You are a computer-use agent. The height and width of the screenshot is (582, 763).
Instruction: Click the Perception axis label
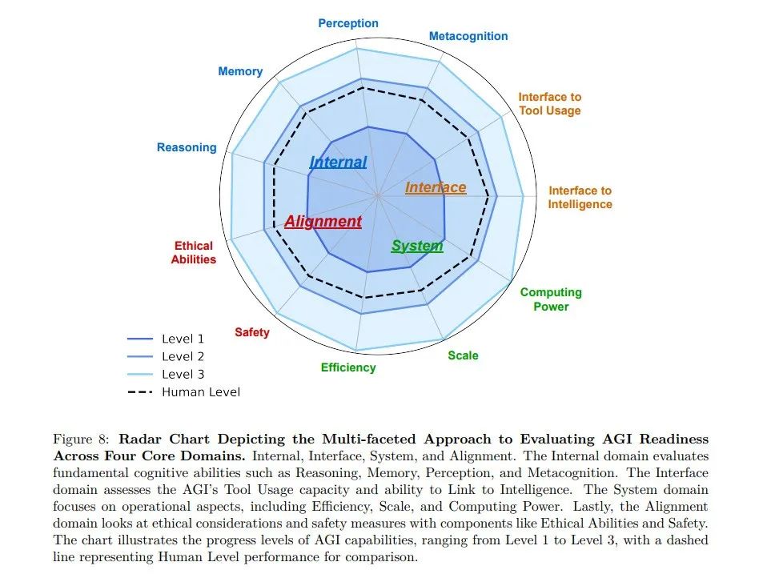click(x=348, y=23)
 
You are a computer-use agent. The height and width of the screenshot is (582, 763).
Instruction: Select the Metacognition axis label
click(x=468, y=36)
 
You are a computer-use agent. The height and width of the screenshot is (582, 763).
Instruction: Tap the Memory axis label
click(x=240, y=71)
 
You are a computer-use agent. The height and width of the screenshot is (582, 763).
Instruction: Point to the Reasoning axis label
click(x=187, y=147)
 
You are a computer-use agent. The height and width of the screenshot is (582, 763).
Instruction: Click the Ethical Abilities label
click(x=194, y=252)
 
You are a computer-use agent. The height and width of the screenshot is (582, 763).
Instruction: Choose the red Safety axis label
click(x=252, y=332)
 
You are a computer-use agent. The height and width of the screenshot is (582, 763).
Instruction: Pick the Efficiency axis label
click(x=348, y=367)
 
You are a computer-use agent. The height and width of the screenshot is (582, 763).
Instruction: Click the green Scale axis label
click(x=463, y=355)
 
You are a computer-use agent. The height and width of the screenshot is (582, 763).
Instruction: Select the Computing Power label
click(x=551, y=299)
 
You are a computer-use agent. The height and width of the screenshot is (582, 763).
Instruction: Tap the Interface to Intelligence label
click(x=580, y=197)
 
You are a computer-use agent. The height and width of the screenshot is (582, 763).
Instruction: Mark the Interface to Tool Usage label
click(x=549, y=103)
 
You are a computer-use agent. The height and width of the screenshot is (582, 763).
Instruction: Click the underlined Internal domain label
click(x=338, y=163)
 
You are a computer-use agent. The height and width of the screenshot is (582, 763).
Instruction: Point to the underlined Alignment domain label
click(x=323, y=222)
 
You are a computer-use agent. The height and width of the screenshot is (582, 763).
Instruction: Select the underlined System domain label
click(x=416, y=246)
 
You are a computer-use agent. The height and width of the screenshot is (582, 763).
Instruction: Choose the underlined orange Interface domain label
click(x=436, y=187)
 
